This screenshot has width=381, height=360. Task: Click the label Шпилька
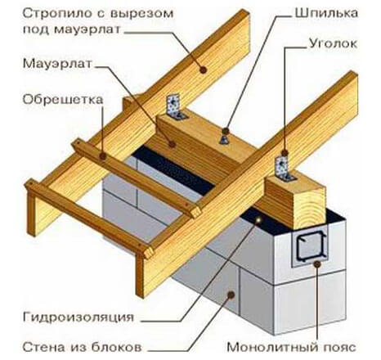pos(326,13)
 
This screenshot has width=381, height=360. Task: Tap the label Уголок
pos(333,43)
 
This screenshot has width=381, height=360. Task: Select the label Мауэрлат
pos(57,64)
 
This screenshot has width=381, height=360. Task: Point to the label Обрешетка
pos(63,99)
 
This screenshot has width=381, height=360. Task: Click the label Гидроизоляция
pos(78,317)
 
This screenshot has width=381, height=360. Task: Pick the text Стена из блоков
pos(82,347)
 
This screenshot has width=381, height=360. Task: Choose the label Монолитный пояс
pos(291,347)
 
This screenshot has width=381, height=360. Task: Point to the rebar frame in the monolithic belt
pos(311,245)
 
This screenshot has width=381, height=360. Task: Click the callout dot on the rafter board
pos(203,70)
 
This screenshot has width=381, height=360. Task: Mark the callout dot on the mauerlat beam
pos(172,144)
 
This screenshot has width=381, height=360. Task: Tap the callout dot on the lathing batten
pos(103,156)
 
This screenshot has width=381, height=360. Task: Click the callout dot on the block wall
pos(231,295)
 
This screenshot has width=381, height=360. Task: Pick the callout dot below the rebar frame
pos(317,263)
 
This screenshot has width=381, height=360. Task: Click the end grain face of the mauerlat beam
pos(309,208)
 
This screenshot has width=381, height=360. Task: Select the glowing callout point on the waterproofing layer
pos(258,219)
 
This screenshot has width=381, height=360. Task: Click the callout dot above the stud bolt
pos(226,131)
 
